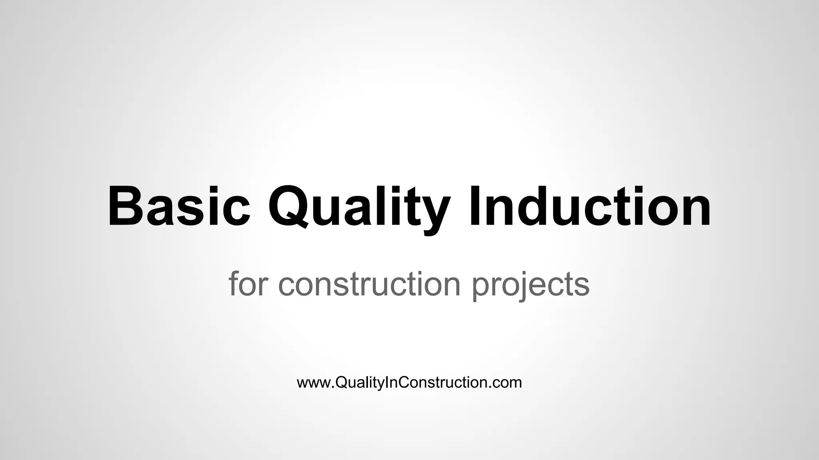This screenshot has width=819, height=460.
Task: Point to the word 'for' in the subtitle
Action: pos(247,284)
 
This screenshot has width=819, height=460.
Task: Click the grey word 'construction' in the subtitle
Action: pos(370,284)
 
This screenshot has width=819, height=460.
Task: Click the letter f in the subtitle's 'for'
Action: pos(234,283)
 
